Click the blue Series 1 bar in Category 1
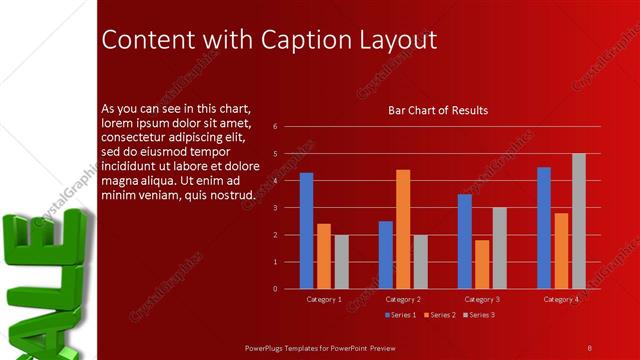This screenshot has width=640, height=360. pos(306,231)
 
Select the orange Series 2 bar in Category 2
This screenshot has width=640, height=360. pos(403,229)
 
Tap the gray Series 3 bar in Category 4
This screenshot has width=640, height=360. pos(578,221)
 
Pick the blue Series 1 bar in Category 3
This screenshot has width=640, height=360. pos(465,241)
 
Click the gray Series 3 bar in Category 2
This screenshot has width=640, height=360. pos(420,262)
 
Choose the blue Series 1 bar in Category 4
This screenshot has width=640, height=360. pos(544,228)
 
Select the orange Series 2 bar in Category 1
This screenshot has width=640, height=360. pos(323,256)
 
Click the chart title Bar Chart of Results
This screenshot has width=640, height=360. pos(438,110)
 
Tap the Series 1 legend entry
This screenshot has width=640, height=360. pos(400,315)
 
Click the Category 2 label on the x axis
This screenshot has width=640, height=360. pos(402,299)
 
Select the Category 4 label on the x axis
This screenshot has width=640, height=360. pos(561,299)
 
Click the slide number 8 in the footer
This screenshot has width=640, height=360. pos(589,347)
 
